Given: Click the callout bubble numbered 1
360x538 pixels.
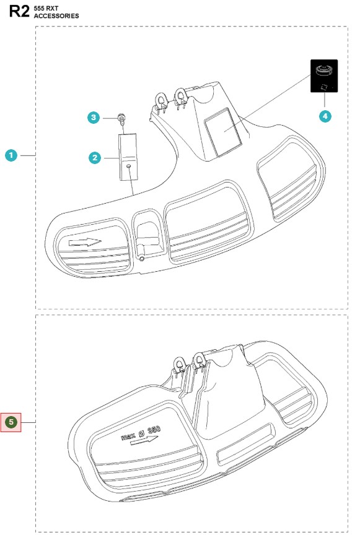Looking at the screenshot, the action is (11, 155).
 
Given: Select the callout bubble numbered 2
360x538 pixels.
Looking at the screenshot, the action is (95, 158).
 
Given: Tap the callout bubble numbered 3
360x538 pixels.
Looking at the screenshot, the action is (94, 118).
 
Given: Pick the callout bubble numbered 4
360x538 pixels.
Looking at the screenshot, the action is (325, 116).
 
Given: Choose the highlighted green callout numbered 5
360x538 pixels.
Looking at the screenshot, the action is (11, 422).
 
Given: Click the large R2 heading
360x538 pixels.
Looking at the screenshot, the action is (19, 11).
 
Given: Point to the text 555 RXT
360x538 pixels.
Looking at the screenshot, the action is (46, 8).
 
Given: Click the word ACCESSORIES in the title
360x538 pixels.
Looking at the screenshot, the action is (56, 15).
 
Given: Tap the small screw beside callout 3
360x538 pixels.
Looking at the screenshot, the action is (121, 118).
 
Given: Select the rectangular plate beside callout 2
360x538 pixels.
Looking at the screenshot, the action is (128, 157).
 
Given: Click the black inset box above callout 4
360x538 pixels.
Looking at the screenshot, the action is (324, 76).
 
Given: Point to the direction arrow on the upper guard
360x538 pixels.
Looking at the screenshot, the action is (85, 242).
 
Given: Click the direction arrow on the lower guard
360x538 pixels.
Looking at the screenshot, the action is (144, 440).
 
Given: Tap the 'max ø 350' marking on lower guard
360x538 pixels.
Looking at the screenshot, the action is (141, 433).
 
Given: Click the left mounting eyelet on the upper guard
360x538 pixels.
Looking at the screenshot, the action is (160, 100).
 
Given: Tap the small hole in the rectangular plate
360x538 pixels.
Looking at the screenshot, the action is (128, 166).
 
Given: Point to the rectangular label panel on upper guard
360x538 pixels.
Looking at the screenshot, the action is (223, 131).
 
